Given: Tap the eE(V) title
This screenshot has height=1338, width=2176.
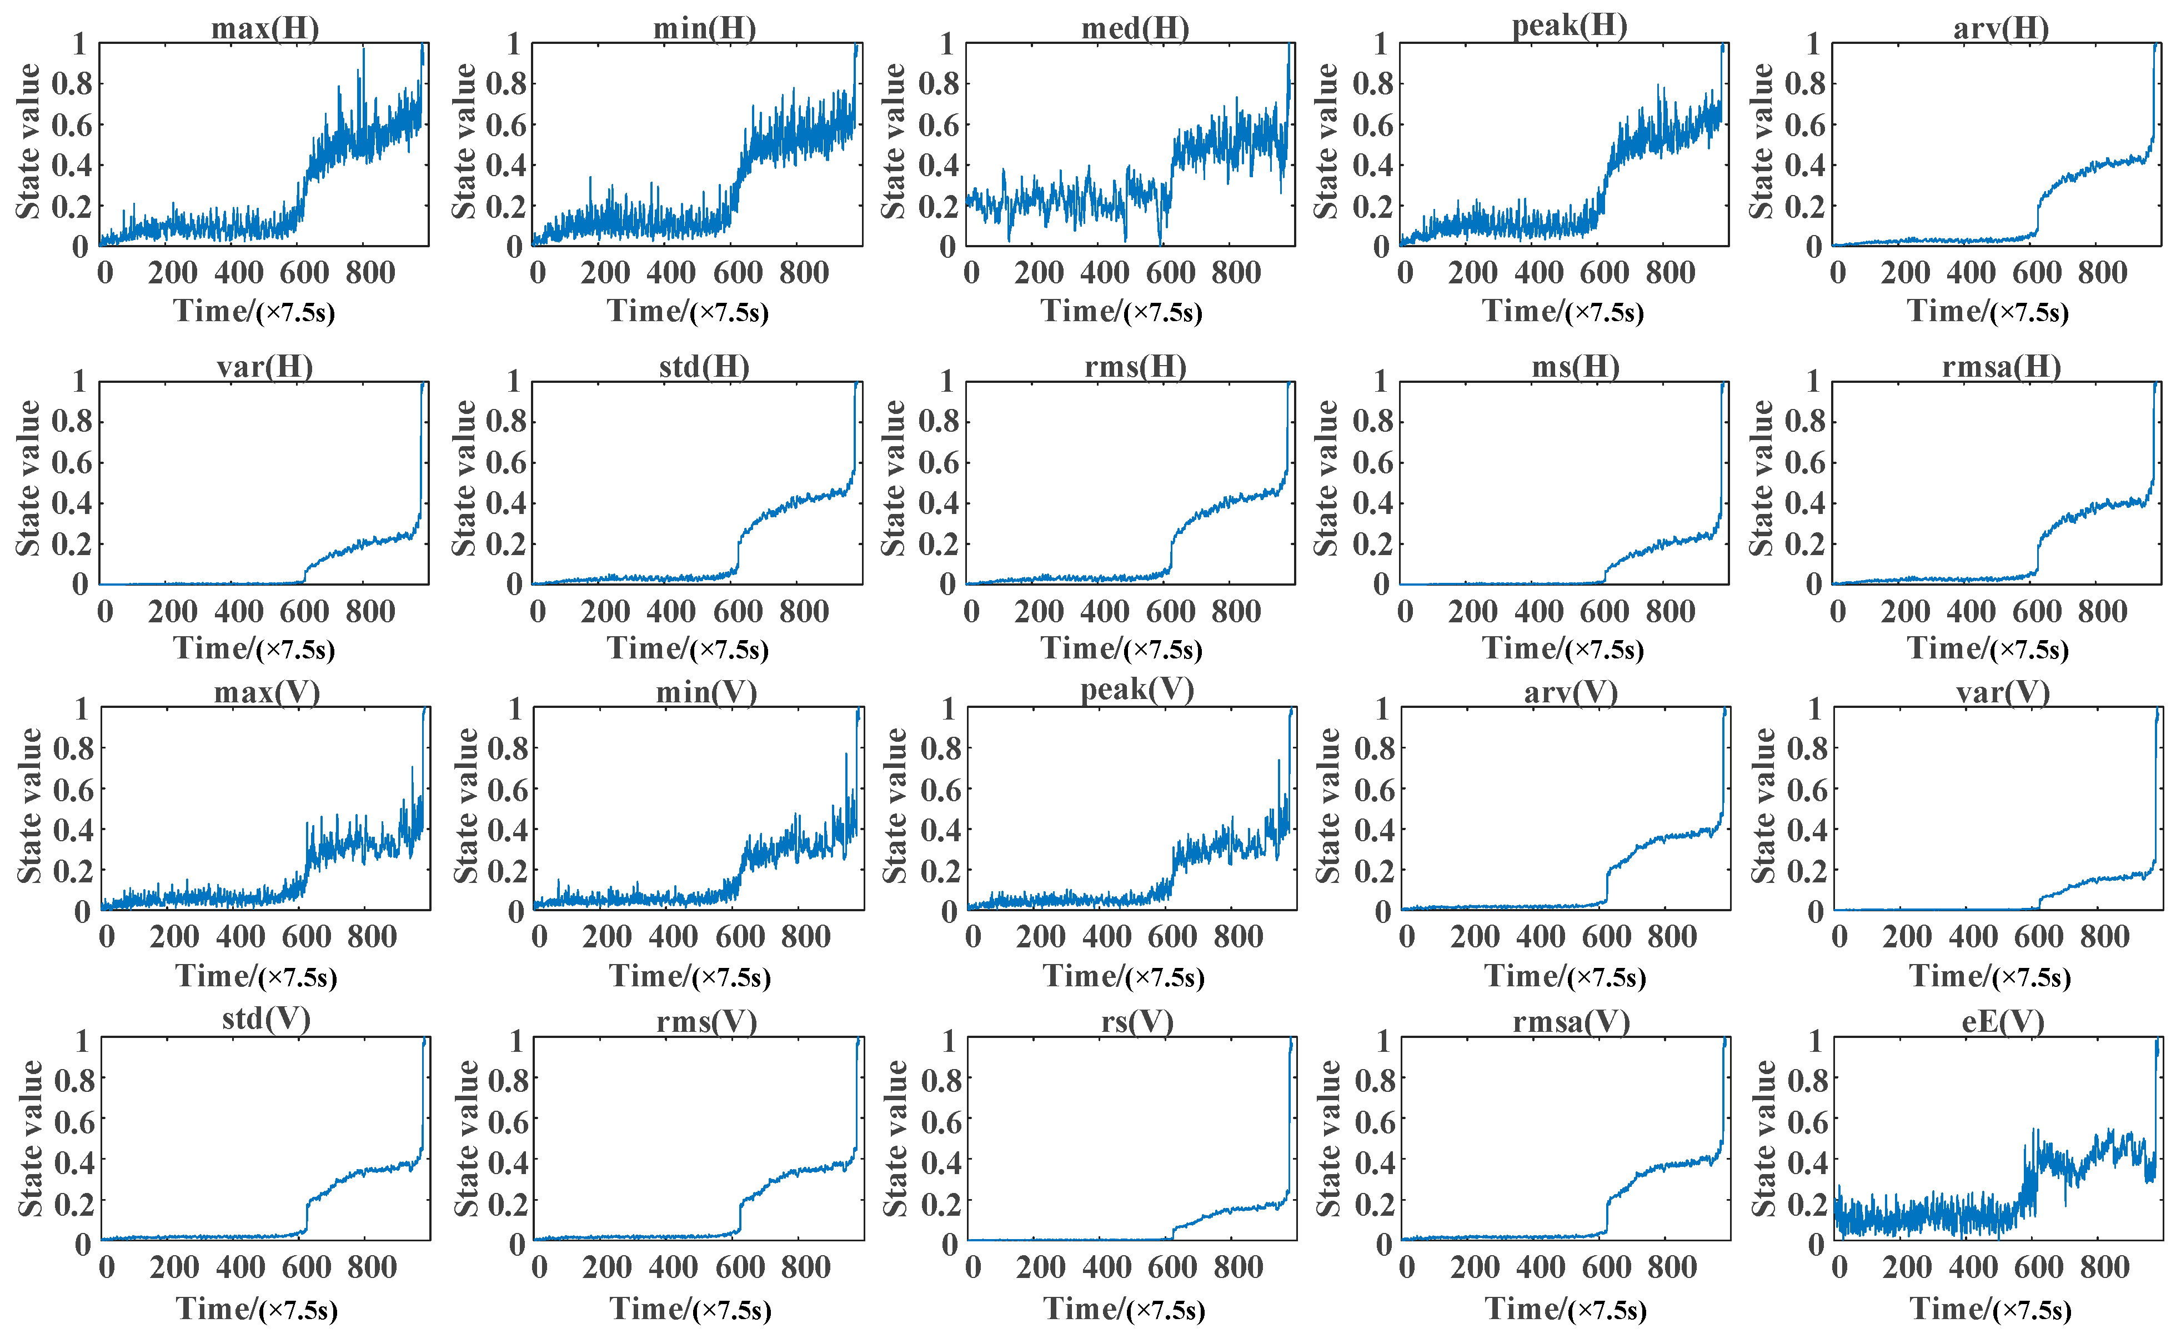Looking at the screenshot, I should point(2003,1022).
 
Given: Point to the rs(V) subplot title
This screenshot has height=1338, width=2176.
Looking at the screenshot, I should point(1137,1022).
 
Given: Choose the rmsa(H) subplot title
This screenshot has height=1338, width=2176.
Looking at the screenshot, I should point(2001,366).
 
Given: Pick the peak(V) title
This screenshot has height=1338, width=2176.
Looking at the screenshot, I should point(1137,690).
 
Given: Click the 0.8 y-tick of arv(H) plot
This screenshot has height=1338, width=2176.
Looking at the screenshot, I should point(1804,84).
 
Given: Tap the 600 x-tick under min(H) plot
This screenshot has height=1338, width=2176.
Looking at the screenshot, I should point(737,273).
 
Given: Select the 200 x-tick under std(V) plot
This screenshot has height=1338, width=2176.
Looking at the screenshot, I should point(174,1267).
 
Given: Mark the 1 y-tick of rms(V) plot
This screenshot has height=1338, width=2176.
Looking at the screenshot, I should point(517,1041).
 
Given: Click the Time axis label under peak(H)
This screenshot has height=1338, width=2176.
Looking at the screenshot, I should point(1563,312).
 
